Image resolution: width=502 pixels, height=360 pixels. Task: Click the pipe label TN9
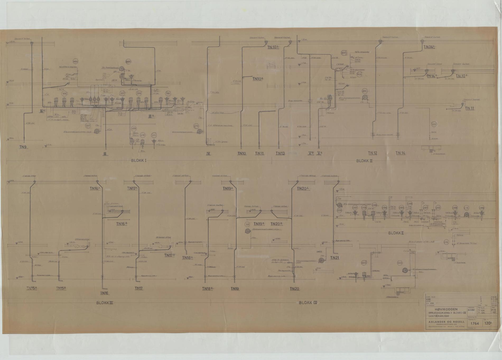click(x=23, y=147)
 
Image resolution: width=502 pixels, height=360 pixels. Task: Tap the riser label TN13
click(x=280, y=153)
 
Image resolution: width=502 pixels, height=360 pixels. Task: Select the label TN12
click(x=373, y=153)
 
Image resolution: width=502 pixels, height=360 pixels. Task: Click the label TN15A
click(x=31, y=288)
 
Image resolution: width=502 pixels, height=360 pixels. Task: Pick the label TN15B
click(x=61, y=288)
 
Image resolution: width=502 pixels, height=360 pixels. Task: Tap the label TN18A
click(x=188, y=258)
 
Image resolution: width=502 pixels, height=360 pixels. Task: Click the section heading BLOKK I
click(x=139, y=161)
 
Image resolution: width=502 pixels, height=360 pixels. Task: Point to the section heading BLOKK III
click(x=105, y=303)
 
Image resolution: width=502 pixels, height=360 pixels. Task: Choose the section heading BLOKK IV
click(x=308, y=303)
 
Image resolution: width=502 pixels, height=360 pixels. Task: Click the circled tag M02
click(x=76, y=62)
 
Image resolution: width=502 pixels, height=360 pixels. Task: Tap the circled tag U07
click(x=88, y=126)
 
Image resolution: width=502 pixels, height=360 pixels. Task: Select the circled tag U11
click(x=154, y=135)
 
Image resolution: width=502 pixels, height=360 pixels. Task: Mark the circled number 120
click(x=247, y=225)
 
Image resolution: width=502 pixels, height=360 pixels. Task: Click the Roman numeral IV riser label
click(x=208, y=153)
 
